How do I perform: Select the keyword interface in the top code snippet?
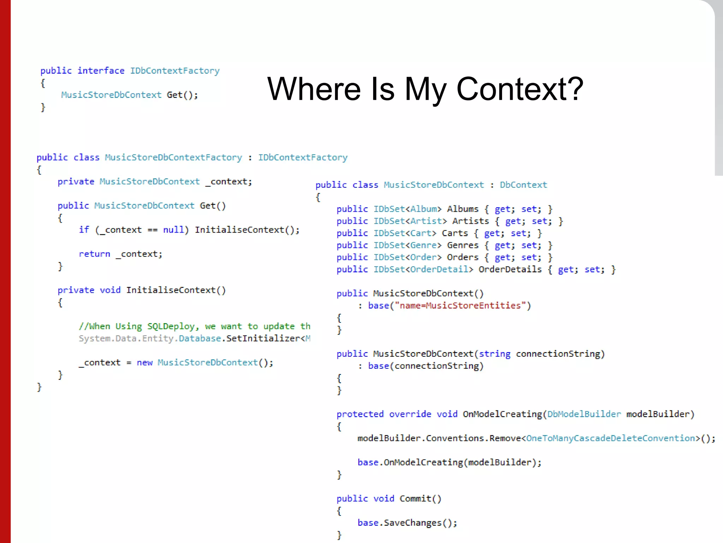tap(101, 71)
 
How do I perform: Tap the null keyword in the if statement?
tap(173, 230)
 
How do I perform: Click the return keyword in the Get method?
tap(94, 254)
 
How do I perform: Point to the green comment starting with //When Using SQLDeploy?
tap(194, 326)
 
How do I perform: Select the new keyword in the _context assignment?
tap(144, 363)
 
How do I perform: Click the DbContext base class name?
tap(523, 185)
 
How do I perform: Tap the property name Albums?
tap(462, 209)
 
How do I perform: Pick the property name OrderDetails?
tap(510, 269)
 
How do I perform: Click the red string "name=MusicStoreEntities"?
tap(460, 305)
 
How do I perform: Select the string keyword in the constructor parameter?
tap(494, 354)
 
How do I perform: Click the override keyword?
tap(410, 414)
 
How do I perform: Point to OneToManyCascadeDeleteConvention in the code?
tap(610, 438)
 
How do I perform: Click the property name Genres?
tap(462, 245)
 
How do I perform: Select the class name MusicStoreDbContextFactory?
tap(173, 157)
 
